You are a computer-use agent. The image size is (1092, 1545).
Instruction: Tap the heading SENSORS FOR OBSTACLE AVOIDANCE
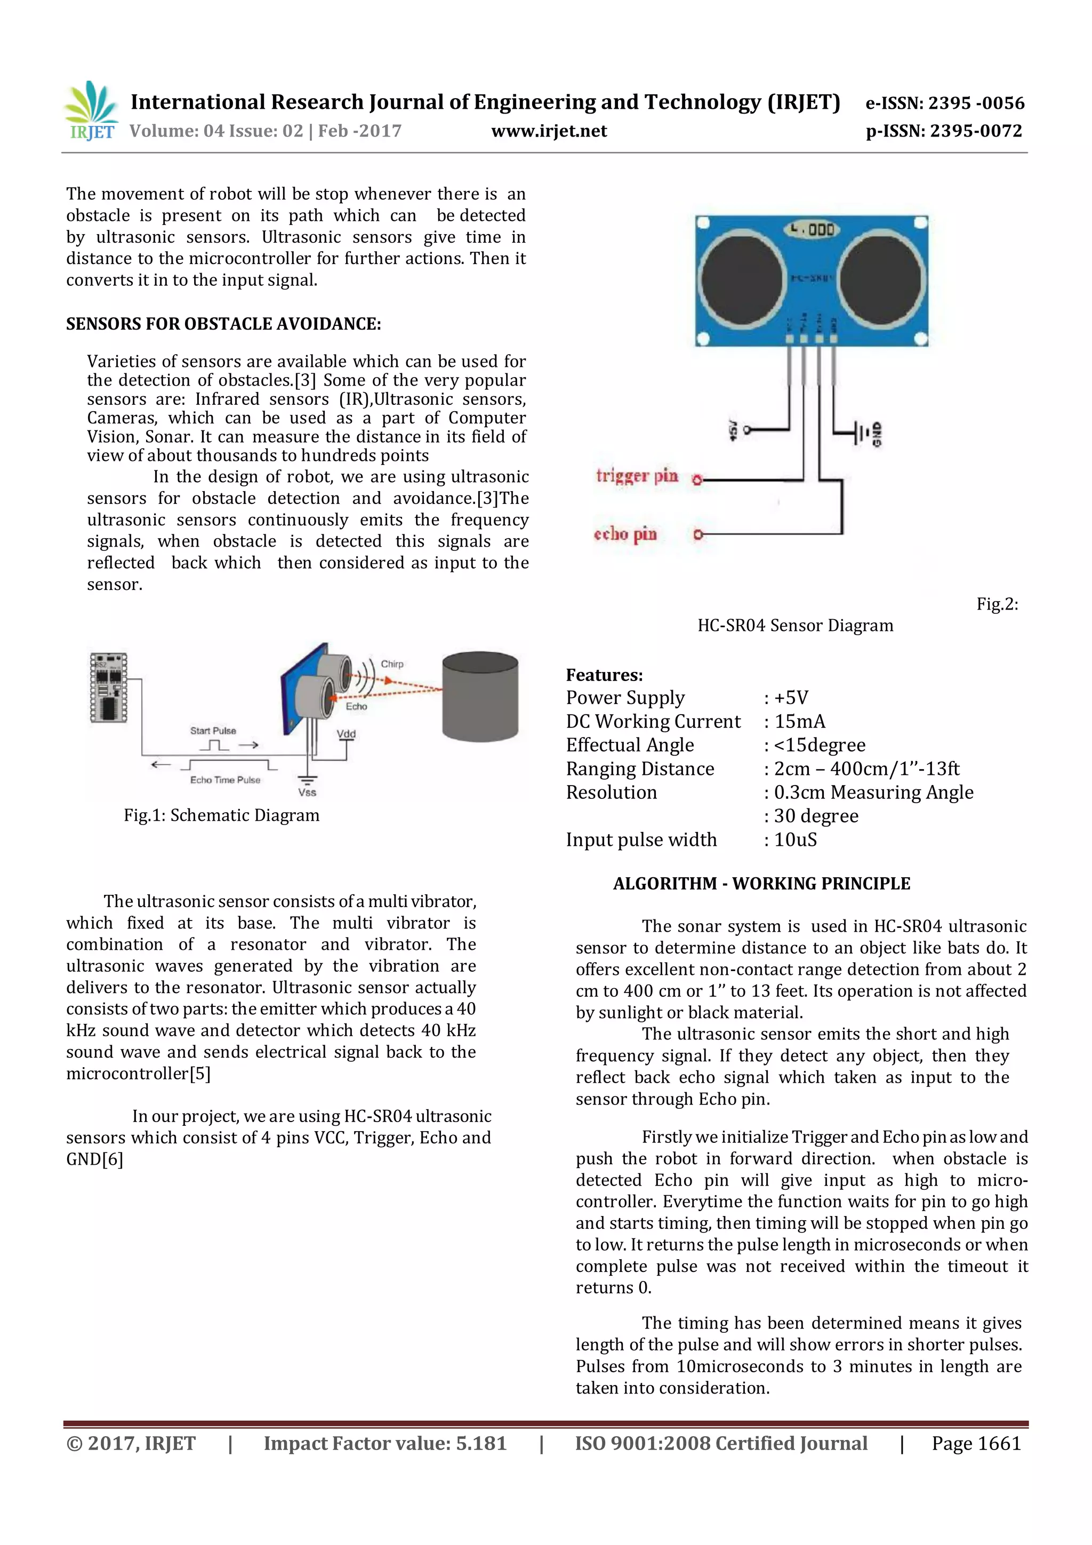pos(223,324)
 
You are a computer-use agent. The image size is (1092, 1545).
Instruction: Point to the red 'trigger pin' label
pos(637,476)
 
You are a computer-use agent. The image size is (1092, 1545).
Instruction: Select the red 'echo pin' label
pos(625,534)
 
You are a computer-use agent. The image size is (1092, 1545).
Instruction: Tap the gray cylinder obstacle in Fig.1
pos(480,696)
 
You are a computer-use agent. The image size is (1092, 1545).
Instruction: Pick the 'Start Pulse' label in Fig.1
pos(213,730)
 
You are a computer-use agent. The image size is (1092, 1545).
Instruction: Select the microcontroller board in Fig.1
pos(108,687)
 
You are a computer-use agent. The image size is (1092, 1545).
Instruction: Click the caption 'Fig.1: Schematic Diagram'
pos(221,815)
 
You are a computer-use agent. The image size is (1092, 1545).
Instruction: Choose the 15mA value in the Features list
pos(799,722)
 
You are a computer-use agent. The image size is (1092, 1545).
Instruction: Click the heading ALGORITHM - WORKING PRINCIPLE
pos(761,884)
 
